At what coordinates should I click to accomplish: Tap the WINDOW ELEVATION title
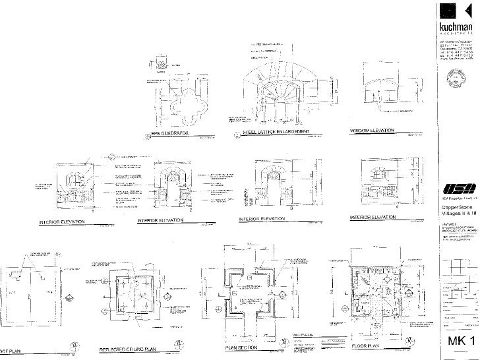(372, 131)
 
